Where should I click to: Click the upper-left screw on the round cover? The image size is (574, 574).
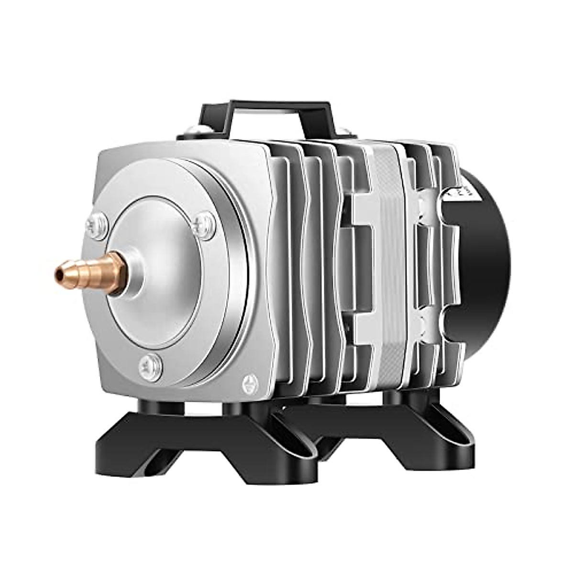pos(97,225)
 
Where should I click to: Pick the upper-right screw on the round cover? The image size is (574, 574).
pos(206,221)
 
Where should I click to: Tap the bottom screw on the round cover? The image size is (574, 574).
pos(150,367)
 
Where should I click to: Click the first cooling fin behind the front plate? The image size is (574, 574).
pos(287,268)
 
